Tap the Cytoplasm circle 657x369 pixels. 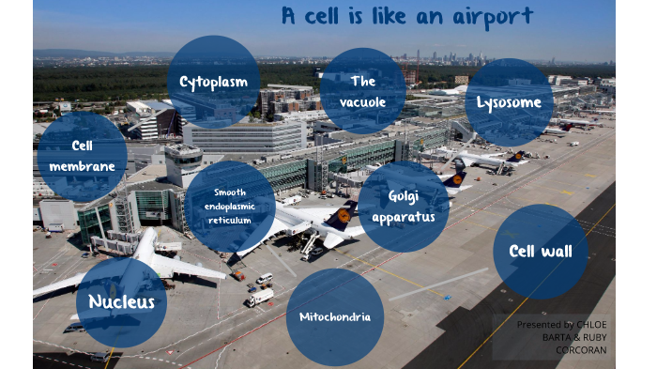point(214,83)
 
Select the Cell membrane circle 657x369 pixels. point(82,157)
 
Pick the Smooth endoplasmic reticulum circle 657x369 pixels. point(230,207)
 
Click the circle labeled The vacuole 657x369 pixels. point(362,91)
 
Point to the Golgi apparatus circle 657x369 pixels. point(403,207)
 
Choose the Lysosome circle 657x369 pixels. point(508,102)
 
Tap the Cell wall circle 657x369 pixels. point(541,252)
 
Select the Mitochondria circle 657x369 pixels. point(335,316)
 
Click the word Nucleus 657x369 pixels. point(121,301)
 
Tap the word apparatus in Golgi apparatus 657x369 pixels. point(403,217)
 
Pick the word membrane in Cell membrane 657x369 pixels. point(83,166)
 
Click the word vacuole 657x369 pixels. point(362,101)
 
